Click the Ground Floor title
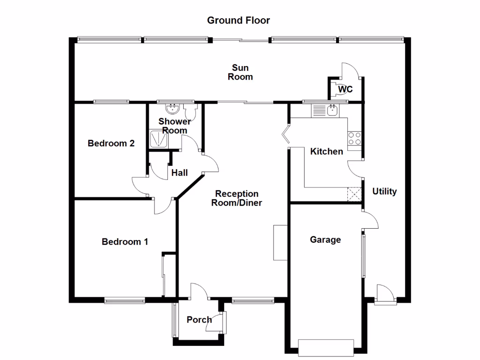coord(239,20)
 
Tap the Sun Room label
coord(240,73)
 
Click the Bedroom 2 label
coord(111,143)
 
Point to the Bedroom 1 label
coord(125,242)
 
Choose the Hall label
coord(180,173)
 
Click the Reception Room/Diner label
coord(237,198)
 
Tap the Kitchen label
coord(327,151)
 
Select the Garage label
coord(325,240)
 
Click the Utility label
coord(384,191)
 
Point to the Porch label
coord(199,320)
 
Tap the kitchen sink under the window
coord(332,111)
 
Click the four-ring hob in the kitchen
coord(354,138)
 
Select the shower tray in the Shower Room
coord(159,139)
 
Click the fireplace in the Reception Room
coord(280,242)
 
